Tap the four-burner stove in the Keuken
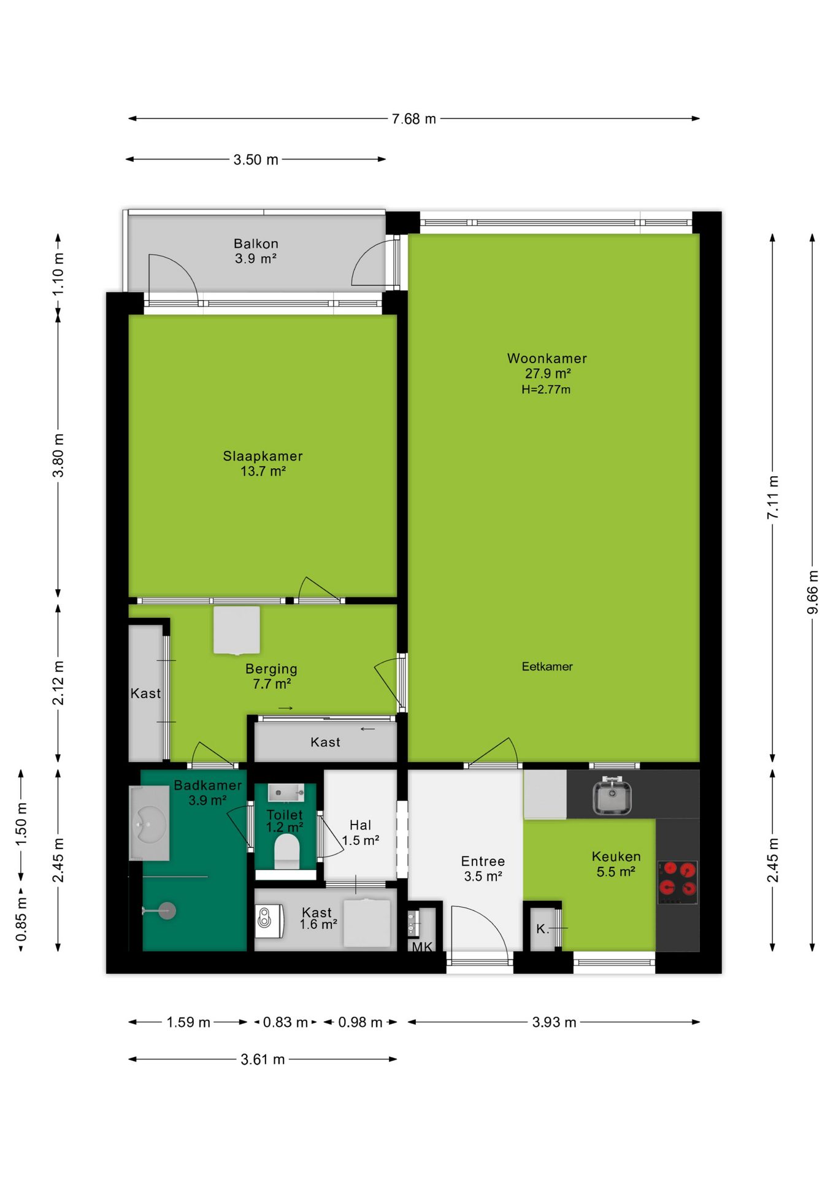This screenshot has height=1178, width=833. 678,882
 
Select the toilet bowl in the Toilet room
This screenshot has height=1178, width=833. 286,850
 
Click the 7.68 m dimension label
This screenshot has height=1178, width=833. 414,119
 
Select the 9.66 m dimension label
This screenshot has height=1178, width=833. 812,592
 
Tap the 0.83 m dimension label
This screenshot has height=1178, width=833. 285,1022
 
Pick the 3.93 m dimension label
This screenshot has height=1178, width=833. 554,1022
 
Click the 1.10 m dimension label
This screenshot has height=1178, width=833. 58,274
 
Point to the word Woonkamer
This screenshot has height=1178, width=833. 547,358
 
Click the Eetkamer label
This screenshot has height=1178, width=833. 547,666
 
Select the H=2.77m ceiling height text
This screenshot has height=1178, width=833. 546,389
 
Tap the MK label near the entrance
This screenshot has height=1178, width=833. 422,947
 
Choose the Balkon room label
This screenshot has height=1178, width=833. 256,244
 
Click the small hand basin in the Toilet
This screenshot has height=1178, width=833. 286,793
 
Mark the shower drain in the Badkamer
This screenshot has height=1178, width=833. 166,910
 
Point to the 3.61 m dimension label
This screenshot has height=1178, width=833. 263,1059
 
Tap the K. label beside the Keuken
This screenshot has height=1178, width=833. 542,929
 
